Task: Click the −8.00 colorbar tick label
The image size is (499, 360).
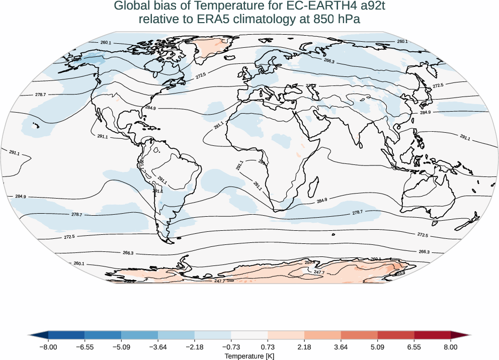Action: coord(48,347)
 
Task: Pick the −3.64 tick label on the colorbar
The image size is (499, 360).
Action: coord(158,347)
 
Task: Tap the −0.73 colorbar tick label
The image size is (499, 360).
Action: coord(231,347)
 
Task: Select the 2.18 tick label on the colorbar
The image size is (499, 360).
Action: coord(304,347)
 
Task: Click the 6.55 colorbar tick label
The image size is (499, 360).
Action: coord(414,347)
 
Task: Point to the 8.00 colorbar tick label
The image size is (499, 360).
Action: coord(451,347)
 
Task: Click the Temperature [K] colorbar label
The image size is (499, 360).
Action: coord(249,356)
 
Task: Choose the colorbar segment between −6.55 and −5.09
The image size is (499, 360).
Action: coord(103,335)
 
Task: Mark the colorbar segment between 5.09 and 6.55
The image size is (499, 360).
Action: coord(396,335)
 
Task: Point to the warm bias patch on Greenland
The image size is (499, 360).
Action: coord(211,46)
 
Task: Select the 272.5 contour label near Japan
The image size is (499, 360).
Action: coord(438,85)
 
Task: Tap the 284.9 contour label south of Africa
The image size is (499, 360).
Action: coord(322,200)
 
